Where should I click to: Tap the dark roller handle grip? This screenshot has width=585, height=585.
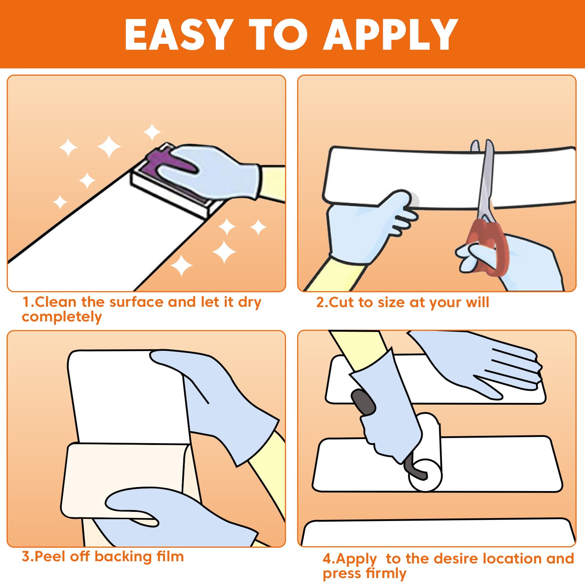point(363,402)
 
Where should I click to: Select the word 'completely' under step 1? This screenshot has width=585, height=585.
point(61,317)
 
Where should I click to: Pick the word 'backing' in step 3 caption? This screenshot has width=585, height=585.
point(123,556)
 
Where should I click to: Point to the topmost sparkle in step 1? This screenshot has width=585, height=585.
point(152,132)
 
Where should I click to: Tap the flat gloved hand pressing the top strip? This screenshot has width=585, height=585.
point(475,362)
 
